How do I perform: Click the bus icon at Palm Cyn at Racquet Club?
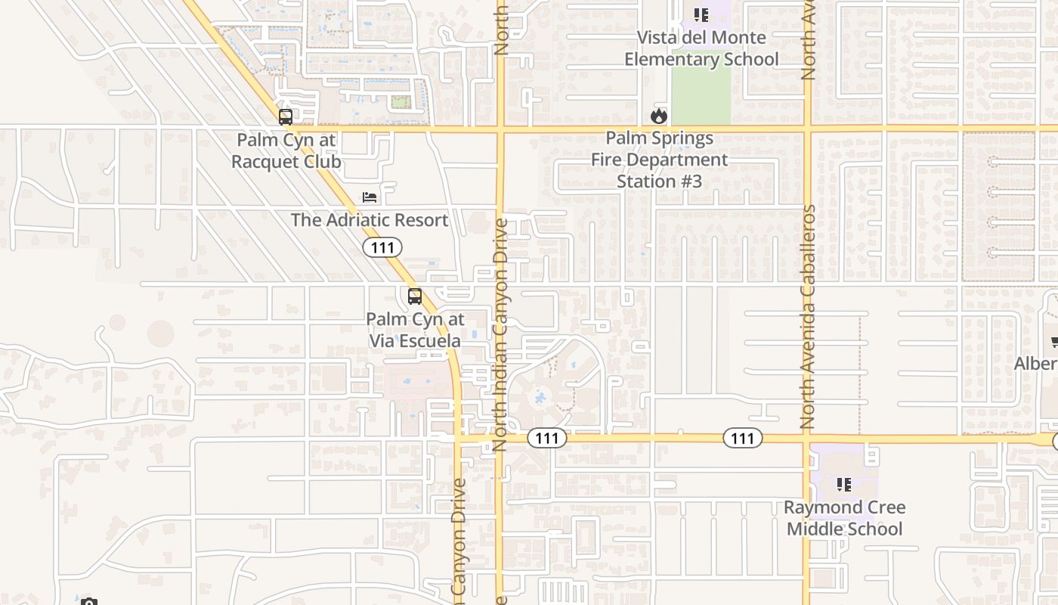point(285,117)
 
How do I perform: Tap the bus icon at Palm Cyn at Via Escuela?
point(414,296)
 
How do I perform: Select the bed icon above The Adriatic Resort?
point(370,197)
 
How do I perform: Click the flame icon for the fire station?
point(659,116)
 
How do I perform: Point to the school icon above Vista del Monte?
point(701,14)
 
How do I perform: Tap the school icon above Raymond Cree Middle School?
point(844,484)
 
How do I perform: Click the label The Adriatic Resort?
point(370,220)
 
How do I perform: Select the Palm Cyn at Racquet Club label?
point(286,150)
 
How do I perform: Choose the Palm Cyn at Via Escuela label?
point(415,330)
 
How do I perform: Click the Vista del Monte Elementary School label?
point(701,48)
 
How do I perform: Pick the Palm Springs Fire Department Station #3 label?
point(659,160)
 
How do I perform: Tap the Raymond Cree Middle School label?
point(844,518)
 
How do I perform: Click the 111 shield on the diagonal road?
point(382,247)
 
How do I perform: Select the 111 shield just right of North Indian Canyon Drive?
point(547,438)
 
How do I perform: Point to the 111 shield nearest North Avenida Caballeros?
point(743,438)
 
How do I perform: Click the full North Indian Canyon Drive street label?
point(500,335)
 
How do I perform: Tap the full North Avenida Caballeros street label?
point(809,317)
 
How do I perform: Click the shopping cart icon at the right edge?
point(1054,342)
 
